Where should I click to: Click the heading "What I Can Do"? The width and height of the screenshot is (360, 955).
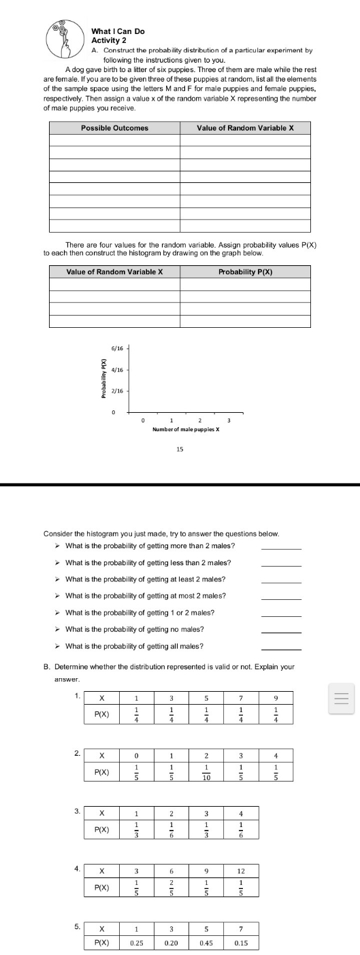pyautogui.click(x=118, y=31)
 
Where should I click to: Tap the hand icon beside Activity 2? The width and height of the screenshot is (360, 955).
pyautogui.click(x=66, y=41)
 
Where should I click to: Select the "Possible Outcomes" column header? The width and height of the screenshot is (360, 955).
pyautogui.click(x=114, y=128)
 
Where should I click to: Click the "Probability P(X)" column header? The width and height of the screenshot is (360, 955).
pyautogui.click(x=245, y=272)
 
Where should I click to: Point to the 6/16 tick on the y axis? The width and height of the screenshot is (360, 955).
pyautogui.click(x=117, y=348)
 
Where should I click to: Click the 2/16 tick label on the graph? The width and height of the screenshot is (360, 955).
pyautogui.click(x=117, y=391)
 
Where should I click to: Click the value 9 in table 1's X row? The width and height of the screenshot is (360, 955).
pyautogui.click(x=276, y=678)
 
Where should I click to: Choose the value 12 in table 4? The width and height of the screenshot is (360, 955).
pyautogui.click(x=240, y=871)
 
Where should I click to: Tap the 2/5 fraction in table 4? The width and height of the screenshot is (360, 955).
pyautogui.click(x=172, y=887)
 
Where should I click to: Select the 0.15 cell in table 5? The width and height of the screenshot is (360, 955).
pyautogui.click(x=240, y=943)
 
